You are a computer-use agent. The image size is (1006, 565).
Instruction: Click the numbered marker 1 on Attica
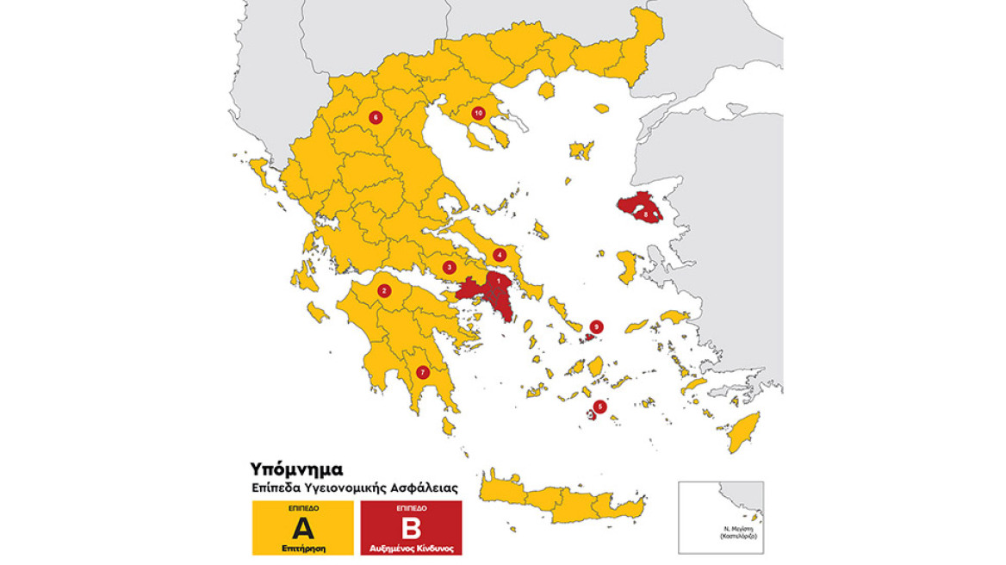pyautogui.click(x=497, y=280)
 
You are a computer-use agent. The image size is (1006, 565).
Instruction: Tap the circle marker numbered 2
pyautogui.click(x=384, y=291)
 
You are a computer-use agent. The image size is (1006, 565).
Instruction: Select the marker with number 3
pyautogui.click(x=450, y=268)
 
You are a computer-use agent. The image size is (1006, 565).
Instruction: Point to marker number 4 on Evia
pyautogui.click(x=500, y=254)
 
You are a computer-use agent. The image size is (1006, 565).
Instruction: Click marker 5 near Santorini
pyautogui.click(x=600, y=407)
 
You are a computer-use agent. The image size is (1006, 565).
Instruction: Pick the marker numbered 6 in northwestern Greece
pyautogui.click(x=375, y=116)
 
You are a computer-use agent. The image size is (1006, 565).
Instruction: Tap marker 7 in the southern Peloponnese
pyautogui.click(x=421, y=372)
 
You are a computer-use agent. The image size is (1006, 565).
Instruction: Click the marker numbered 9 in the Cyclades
pyautogui.click(x=595, y=326)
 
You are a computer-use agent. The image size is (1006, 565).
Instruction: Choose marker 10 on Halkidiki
pyautogui.click(x=478, y=113)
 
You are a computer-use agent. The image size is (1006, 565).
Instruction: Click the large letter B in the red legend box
pyautogui.click(x=411, y=528)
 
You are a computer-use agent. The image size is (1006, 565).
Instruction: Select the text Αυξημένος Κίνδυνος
pyautogui.click(x=411, y=548)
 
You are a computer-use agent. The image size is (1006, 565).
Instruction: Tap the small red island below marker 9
pyautogui.click(x=590, y=337)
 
